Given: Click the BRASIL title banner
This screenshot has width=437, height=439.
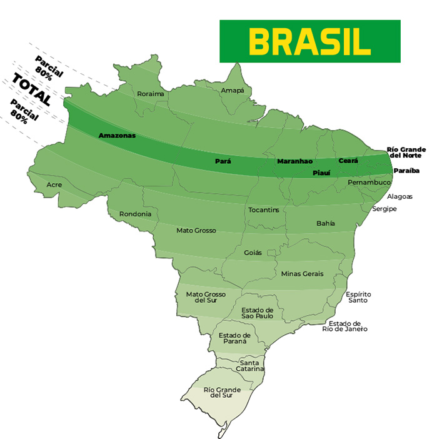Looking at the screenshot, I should [x=309, y=41].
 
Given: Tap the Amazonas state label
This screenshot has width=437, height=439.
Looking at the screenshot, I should [x=117, y=135].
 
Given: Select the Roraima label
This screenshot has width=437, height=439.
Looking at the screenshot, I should [x=151, y=94].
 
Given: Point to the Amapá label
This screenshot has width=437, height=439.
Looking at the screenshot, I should [x=233, y=91].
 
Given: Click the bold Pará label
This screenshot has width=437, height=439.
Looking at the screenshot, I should [x=223, y=161].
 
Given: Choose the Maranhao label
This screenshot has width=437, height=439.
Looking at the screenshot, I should [x=294, y=161].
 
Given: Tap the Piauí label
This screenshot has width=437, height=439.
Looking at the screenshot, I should [x=321, y=171].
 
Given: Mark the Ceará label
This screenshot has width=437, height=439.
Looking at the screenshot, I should [x=348, y=161].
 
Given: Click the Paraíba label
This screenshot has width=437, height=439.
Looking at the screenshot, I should [x=406, y=171].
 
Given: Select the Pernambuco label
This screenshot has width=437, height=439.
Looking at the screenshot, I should [x=369, y=182].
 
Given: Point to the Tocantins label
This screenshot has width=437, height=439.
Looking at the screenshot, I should [x=264, y=209].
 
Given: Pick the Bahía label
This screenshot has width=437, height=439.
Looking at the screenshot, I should [x=326, y=223].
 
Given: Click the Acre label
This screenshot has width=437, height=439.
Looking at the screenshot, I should [x=54, y=185].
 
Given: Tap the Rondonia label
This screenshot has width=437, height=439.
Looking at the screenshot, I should [x=135, y=214].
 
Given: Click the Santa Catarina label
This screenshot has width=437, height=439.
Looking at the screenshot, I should [x=250, y=366].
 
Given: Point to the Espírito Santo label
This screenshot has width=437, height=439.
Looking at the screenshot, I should [x=358, y=297].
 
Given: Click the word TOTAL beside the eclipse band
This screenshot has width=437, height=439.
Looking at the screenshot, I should [x=31, y=89].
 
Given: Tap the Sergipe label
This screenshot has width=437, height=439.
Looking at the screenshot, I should [x=384, y=208].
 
